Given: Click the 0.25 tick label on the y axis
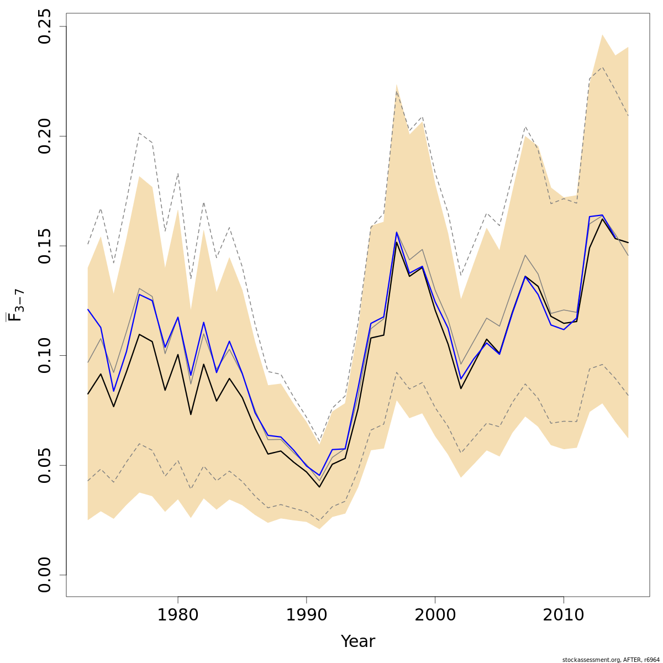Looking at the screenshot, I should (44, 27).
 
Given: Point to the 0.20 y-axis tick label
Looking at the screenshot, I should (44, 136).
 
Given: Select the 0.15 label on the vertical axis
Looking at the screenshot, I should (44, 246).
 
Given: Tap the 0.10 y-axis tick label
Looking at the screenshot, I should (44, 355).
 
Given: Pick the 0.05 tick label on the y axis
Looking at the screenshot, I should (44, 465).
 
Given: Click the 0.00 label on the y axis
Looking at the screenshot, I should (44, 575).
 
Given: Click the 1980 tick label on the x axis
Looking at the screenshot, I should (178, 615).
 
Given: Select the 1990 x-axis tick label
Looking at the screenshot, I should (307, 615).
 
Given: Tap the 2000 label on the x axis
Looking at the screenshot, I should (435, 615).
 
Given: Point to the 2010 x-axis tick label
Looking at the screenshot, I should (564, 615).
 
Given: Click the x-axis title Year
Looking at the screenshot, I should (357, 641).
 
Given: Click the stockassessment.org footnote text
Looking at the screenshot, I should (611, 660).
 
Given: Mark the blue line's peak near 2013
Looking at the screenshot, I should (602, 215).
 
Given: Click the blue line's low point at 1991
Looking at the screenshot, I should (319, 475).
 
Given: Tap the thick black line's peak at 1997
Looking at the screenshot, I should (397, 242).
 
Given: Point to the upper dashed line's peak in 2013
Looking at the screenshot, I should (602, 67).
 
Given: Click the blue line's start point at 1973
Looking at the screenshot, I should (88, 309).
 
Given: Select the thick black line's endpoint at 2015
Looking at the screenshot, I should (628, 243).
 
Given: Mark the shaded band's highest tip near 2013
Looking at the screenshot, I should (602, 34).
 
